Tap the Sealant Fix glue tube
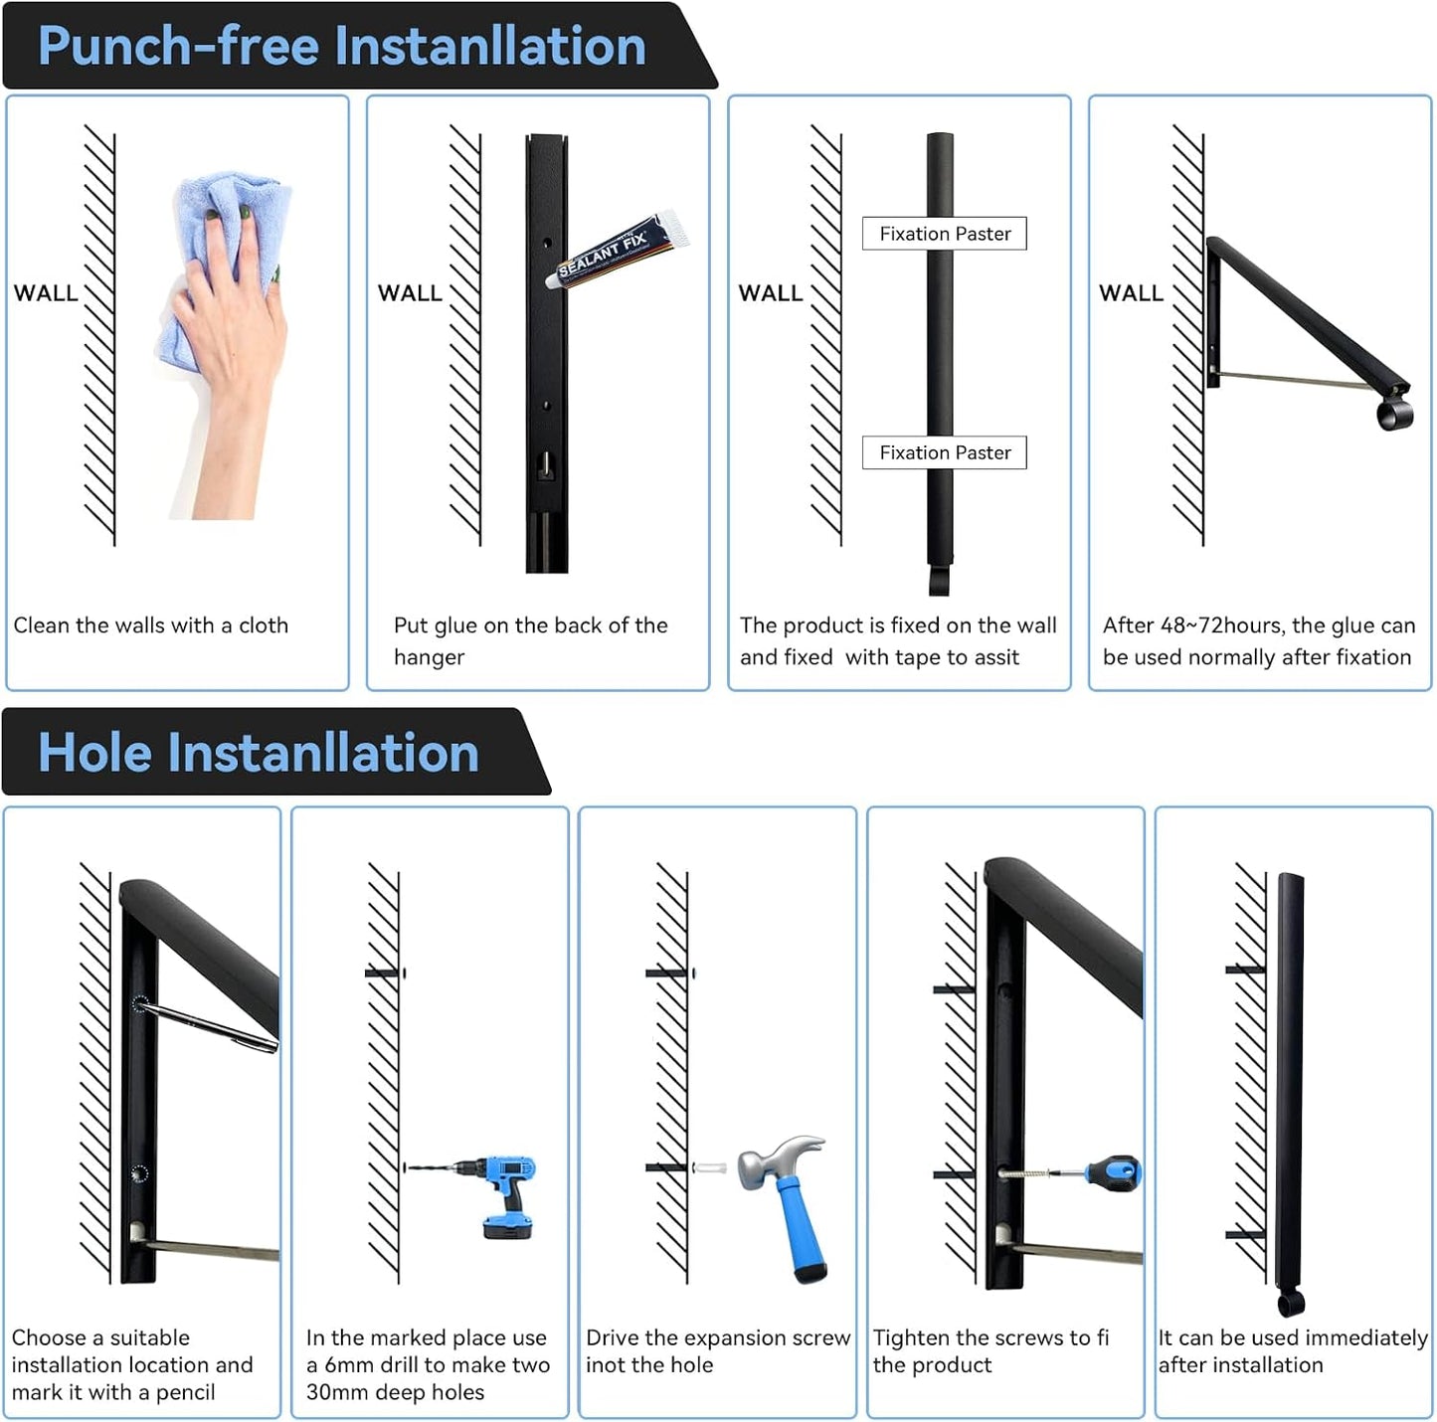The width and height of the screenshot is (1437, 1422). click(618, 249)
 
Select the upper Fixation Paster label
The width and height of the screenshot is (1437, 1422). click(944, 234)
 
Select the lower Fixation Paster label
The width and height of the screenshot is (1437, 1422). click(944, 452)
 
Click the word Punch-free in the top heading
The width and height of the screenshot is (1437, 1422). click(178, 46)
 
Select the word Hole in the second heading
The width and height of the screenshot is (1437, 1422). click(95, 752)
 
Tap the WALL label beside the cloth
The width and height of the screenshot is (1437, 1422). click(46, 293)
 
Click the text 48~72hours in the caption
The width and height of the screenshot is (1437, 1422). click(1222, 624)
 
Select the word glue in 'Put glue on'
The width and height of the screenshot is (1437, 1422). click(454, 626)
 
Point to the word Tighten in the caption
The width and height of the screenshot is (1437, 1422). click(911, 1338)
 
